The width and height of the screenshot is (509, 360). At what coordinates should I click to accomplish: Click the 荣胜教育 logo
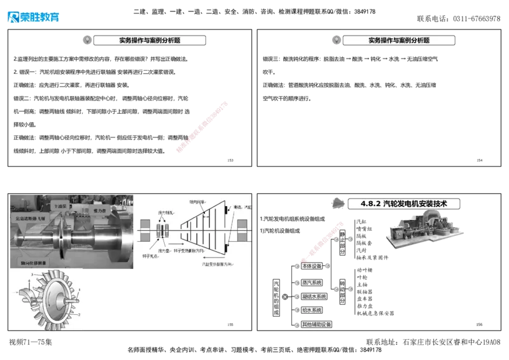coord(33,17)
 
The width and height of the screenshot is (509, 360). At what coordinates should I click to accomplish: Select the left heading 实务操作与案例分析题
coord(150,40)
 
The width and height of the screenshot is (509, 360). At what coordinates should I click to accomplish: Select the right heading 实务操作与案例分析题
coord(399,40)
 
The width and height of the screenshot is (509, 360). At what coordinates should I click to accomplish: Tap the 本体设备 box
coord(312,265)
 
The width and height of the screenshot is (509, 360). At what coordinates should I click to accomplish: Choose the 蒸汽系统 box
coord(312,282)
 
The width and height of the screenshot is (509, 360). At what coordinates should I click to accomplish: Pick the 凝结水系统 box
coord(314,296)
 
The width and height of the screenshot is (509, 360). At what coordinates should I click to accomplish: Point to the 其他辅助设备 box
coord(316,324)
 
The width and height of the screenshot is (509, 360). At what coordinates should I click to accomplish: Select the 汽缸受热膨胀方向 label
coord(219,263)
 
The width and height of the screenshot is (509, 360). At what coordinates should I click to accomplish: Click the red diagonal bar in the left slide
coord(201,126)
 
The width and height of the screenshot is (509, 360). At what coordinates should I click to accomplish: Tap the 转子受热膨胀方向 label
coord(204,249)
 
